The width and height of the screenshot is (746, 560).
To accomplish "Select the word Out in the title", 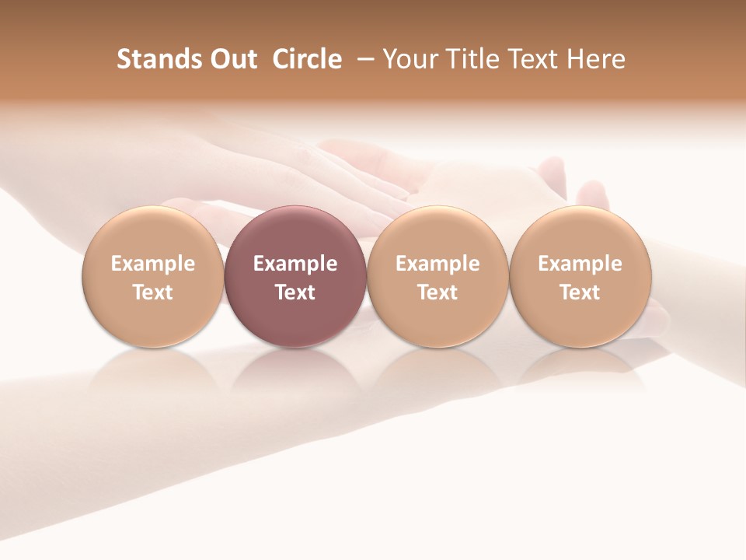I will point(232,59).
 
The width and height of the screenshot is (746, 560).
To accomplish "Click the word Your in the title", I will point(409,59).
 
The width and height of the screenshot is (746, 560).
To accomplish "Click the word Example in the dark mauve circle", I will point(295,264).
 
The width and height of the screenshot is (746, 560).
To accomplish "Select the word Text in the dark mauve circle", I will point(295,292).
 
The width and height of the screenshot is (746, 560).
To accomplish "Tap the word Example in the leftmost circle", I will point(153,264).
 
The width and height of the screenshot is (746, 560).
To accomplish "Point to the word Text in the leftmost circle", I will point(153,292).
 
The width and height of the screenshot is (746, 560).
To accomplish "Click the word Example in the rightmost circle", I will point(580,264).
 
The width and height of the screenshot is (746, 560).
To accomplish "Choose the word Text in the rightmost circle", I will point(580,292).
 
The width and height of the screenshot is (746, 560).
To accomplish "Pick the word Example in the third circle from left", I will point(437,264).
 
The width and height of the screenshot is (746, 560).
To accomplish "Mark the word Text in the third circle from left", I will point(437,292).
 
